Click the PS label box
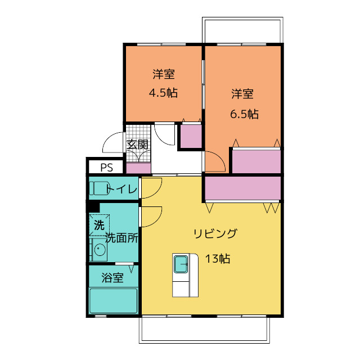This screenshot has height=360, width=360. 106,167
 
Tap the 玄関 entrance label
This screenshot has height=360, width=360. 137,145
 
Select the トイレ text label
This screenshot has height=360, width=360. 123,189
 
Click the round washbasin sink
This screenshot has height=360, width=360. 100,250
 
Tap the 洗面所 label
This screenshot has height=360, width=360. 122,238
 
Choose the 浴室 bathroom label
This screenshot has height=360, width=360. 112,277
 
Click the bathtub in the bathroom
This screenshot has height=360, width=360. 114,300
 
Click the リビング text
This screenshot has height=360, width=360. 215,233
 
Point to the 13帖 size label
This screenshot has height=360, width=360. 217,259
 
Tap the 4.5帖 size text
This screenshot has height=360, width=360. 163,93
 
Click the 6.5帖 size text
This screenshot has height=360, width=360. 244,114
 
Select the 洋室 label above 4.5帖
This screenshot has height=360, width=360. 163,74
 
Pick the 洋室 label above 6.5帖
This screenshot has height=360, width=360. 242,94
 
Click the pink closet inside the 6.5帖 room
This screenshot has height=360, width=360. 256,161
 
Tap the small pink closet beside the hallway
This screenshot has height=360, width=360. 191,136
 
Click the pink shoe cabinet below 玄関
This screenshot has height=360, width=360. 138,168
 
